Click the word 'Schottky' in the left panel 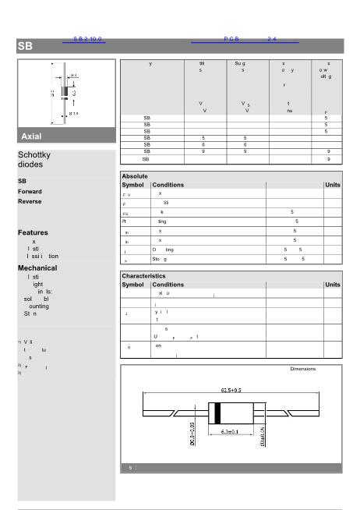click(x=35, y=154)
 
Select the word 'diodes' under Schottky click(x=30, y=165)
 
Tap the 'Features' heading click(x=33, y=232)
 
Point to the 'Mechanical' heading click(x=37, y=267)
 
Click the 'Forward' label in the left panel click(x=30, y=191)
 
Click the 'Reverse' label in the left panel click(x=30, y=201)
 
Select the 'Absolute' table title click(x=135, y=176)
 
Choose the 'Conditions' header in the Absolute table click(x=168, y=185)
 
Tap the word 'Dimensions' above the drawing click(x=303, y=368)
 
